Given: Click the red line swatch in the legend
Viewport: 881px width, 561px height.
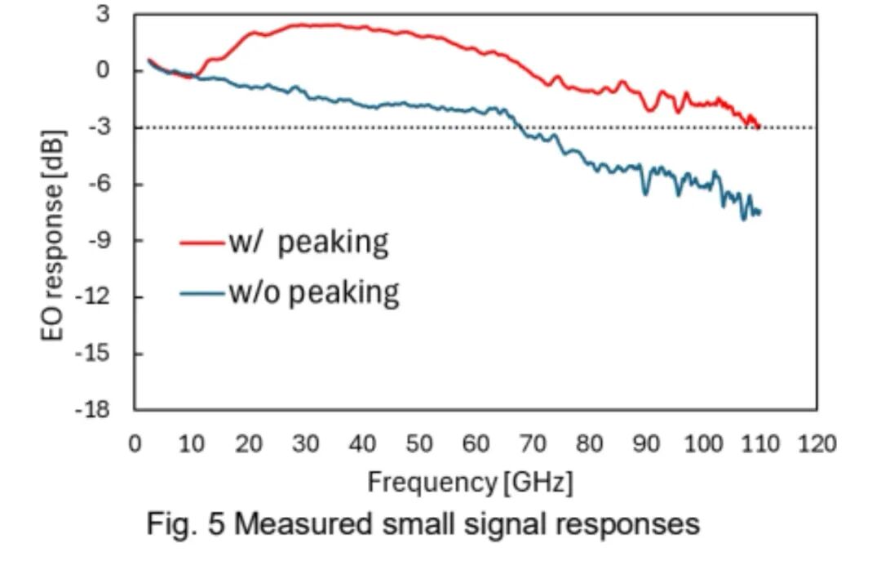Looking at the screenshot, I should pyautogui.click(x=201, y=243).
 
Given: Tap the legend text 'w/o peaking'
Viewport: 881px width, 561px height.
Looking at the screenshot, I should pyautogui.click(x=314, y=292).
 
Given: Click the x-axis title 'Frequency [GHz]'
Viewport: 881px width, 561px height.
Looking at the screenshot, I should pyautogui.click(x=469, y=482).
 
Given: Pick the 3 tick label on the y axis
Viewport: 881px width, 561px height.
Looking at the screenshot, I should pyautogui.click(x=102, y=14).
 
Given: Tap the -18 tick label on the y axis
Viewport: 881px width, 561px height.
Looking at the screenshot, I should pyautogui.click(x=92, y=410).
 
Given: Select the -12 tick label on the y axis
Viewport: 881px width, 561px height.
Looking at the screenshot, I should pyautogui.click(x=92, y=296).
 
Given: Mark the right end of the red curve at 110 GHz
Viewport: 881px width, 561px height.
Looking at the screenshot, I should pyautogui.click(x=759, y=127).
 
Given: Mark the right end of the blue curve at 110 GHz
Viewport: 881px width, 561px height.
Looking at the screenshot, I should pyautogui.click(x=759, y=212).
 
